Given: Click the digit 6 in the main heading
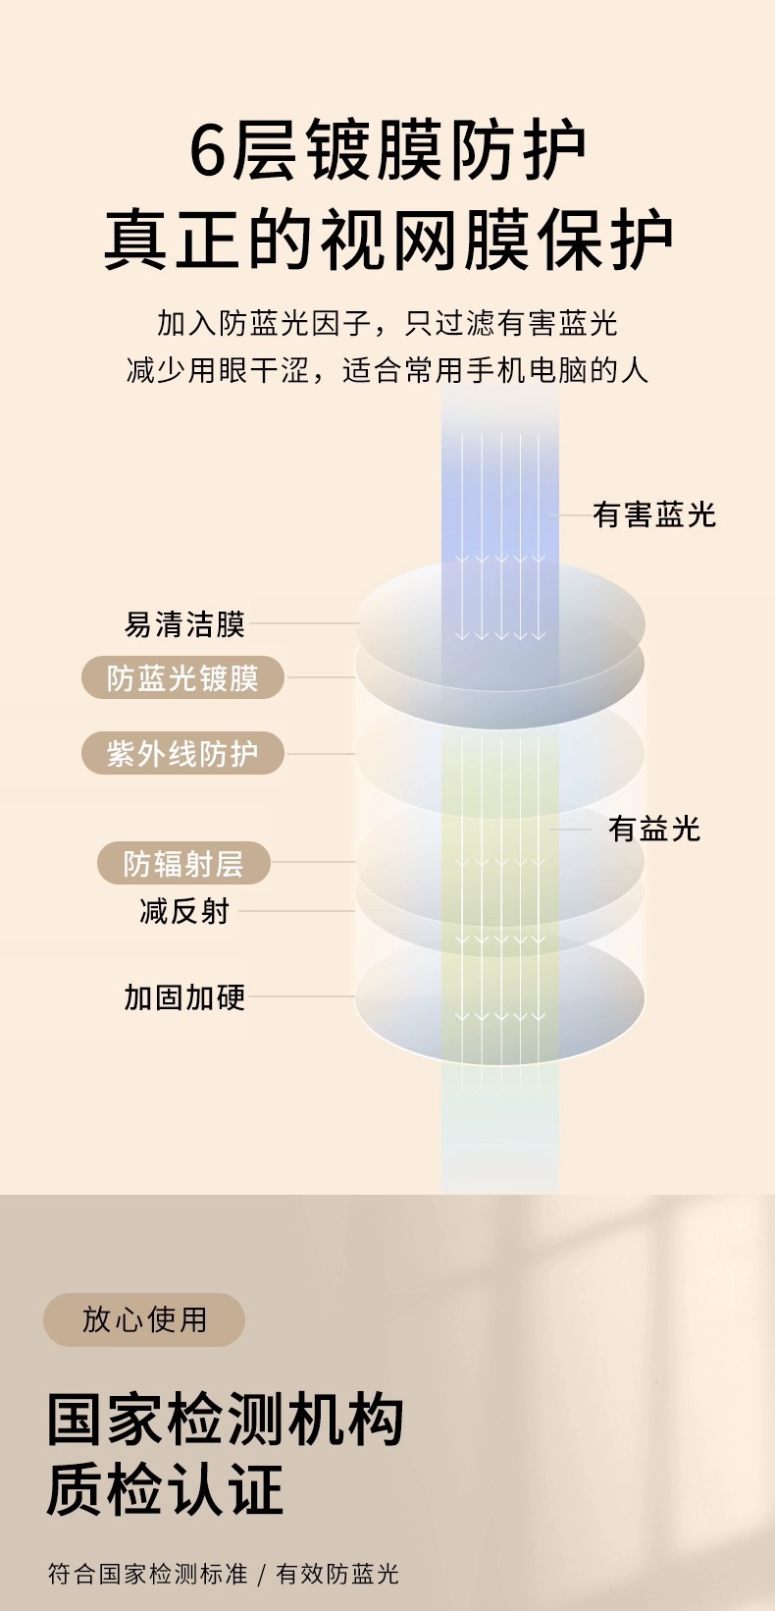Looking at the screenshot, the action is click(208, 150).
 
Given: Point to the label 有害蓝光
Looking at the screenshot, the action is click(654, 514).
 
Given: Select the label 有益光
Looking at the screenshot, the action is click(654, 829).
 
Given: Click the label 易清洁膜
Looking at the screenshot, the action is click(184, 623).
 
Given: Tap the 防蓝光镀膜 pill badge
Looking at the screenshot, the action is click(182, 677).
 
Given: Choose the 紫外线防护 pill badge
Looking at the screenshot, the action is click(182, 753).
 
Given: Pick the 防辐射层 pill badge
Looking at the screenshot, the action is click(183, 863).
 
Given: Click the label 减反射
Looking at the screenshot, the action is click(184, 911).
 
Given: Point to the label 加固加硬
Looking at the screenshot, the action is click(184, 996).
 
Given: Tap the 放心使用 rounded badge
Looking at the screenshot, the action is click(144, 1318).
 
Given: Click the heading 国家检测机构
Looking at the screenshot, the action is click(226, 1420).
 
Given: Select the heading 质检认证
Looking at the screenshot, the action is click(165, 1489).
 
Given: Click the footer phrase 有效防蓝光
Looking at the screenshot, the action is click(337, 1574).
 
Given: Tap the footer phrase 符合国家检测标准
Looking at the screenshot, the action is click(147, 1574).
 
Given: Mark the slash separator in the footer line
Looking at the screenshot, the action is click(261, 1575).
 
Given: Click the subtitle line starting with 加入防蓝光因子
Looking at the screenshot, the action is click(387, 323).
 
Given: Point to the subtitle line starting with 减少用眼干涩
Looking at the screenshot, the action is click(387, 370).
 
